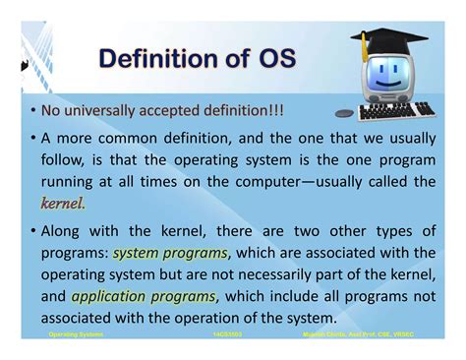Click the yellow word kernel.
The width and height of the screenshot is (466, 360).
(63, 204)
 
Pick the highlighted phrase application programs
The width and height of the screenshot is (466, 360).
(143, 296)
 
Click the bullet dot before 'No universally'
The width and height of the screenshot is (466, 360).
(32, 109)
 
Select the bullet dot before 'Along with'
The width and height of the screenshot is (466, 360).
(32, 232)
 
